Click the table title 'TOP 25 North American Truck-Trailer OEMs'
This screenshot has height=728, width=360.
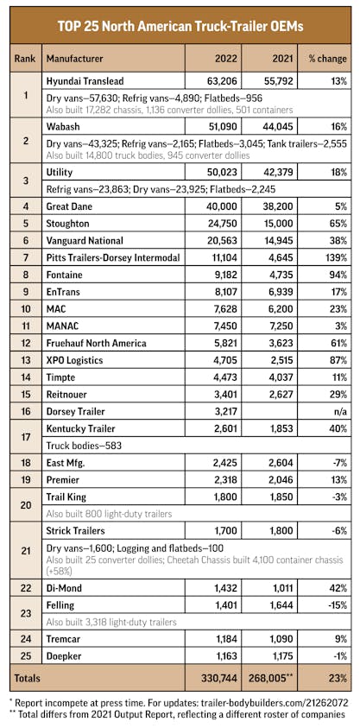pos(180,26)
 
